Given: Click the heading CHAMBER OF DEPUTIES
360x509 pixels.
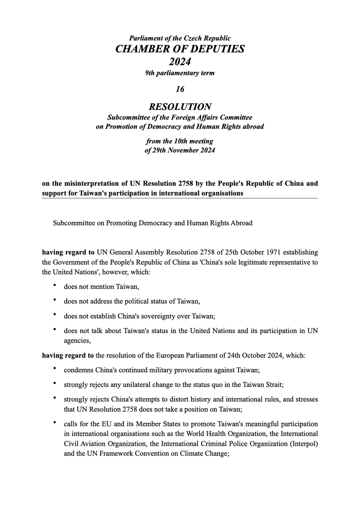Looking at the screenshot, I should pos(180,49).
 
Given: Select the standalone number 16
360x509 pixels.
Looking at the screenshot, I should pos(180,89).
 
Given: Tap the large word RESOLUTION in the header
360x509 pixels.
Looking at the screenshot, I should pos(180,107).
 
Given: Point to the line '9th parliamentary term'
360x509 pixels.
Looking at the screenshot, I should pos(180,73).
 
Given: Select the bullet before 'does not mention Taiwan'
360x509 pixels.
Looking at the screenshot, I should pos(54,286).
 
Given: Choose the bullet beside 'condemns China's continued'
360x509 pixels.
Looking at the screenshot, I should pos(54,369).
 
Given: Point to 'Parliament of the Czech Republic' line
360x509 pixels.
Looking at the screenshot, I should pos(180,39).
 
